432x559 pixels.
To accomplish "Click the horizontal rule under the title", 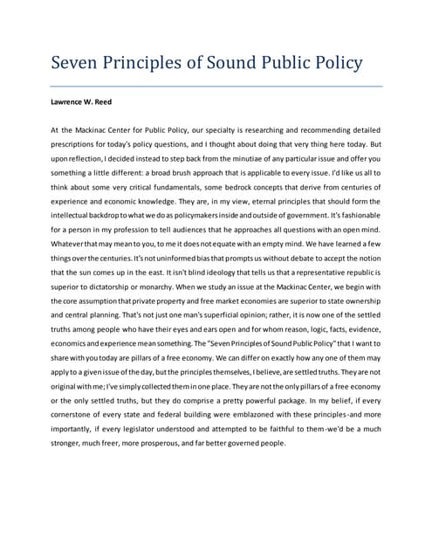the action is click(x=216, y=86).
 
